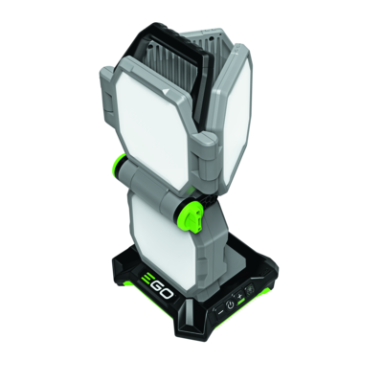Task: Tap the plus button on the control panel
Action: point(239,296)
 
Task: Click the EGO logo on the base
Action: point(156,286)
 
